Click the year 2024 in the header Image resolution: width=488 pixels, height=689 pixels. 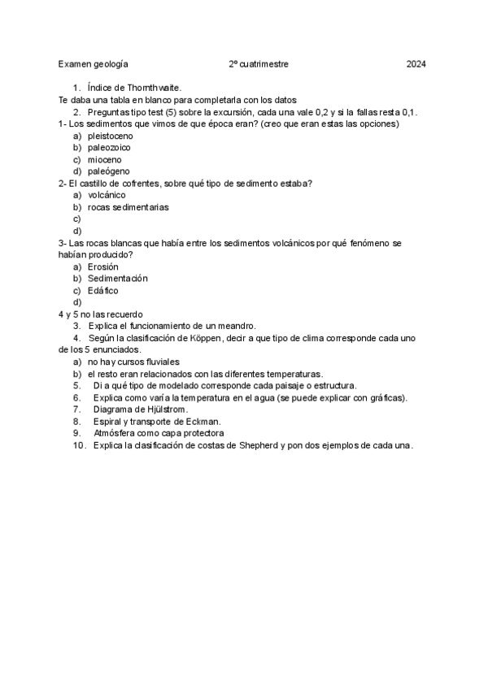[x=416, y=63]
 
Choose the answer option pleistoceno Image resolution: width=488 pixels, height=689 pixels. [x=111, y=136]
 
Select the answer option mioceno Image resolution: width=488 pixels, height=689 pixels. [x=104, y=159]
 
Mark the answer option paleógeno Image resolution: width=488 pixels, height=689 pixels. [x=108, y=171]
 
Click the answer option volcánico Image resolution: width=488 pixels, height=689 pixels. [x=107, y=195]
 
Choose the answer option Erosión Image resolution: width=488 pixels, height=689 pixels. [x=103, y=266]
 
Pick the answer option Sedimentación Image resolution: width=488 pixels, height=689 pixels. [x=118, y=279]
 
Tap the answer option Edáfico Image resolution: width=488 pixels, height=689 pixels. [x=103, y=290]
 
